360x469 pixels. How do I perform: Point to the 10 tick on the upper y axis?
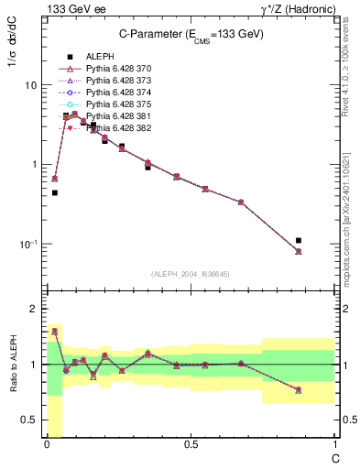tap(29, 84)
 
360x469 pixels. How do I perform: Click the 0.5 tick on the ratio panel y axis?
tap(28, 420)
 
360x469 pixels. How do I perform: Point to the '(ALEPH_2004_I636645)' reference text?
tap(191, 274)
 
